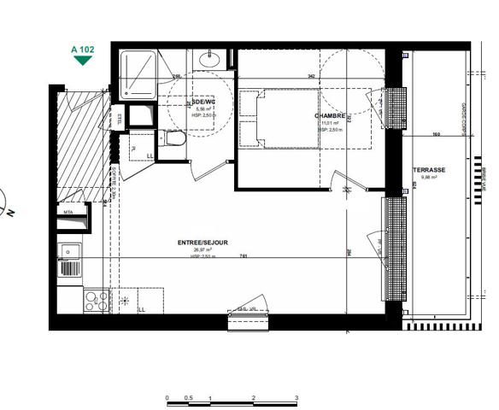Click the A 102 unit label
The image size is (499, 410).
tap(82, 50)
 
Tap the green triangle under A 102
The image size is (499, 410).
tap(82, 61)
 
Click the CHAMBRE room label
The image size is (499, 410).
tap(329, 115)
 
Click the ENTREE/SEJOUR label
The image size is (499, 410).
tap(203, 243)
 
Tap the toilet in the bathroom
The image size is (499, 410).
tap(175, 139)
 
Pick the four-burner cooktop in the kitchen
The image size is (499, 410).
tap(97, 299)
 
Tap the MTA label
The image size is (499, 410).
tap(67, 211)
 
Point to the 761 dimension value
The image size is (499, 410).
tap(244, 256)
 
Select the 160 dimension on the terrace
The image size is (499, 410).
tap(436, 134)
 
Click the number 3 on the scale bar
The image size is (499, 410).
tap(296, 398)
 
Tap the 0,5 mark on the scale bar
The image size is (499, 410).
tap(189, 398)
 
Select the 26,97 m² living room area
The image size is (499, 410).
tap(202, 250)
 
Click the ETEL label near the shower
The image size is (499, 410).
tap(119, 119)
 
